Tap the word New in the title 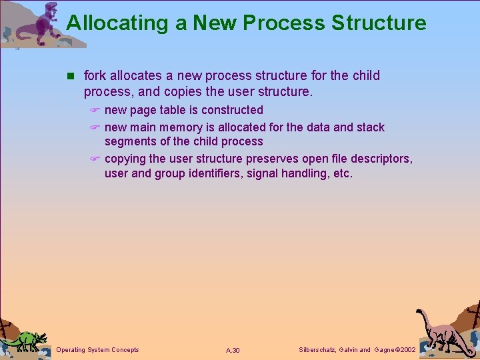click(215, 23)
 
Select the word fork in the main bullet click(95, 76)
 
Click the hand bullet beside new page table click(95, 111)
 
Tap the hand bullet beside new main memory click(95, 128)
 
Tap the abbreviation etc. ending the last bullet click(341, 173)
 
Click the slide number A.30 click(233, 351)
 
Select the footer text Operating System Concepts click(98, 350)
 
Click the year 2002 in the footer click(404, 350)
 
